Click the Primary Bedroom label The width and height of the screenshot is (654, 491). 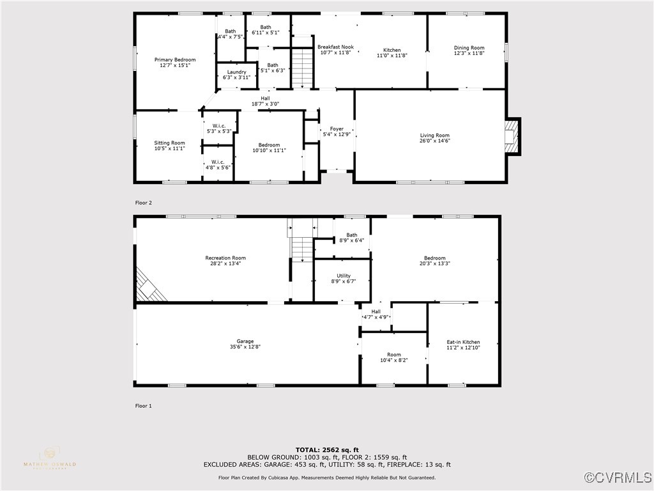coord(174,59)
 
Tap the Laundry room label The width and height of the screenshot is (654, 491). coord(236,72)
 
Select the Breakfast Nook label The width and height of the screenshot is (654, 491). coord(335,47)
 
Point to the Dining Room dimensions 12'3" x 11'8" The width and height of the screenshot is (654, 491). coord(469,54)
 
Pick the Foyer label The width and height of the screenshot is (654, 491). coord(337,129)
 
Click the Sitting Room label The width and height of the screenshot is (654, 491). coord(169,143)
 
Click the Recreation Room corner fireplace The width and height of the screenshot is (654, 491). coord(149,286)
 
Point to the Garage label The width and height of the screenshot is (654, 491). coord(245,341)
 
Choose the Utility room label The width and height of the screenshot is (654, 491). coord(344,276)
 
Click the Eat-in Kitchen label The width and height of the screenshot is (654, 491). coord(463,342)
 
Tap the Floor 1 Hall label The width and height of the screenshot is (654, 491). coord(376,311)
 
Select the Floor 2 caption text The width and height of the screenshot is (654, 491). coord(143,203)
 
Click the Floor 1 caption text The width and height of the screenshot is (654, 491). coord(143,405)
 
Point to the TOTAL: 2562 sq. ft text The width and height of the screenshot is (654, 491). coord(327,449)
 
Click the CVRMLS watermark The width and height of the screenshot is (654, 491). coord(619,478)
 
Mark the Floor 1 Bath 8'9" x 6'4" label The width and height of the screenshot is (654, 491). coord(351,235)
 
